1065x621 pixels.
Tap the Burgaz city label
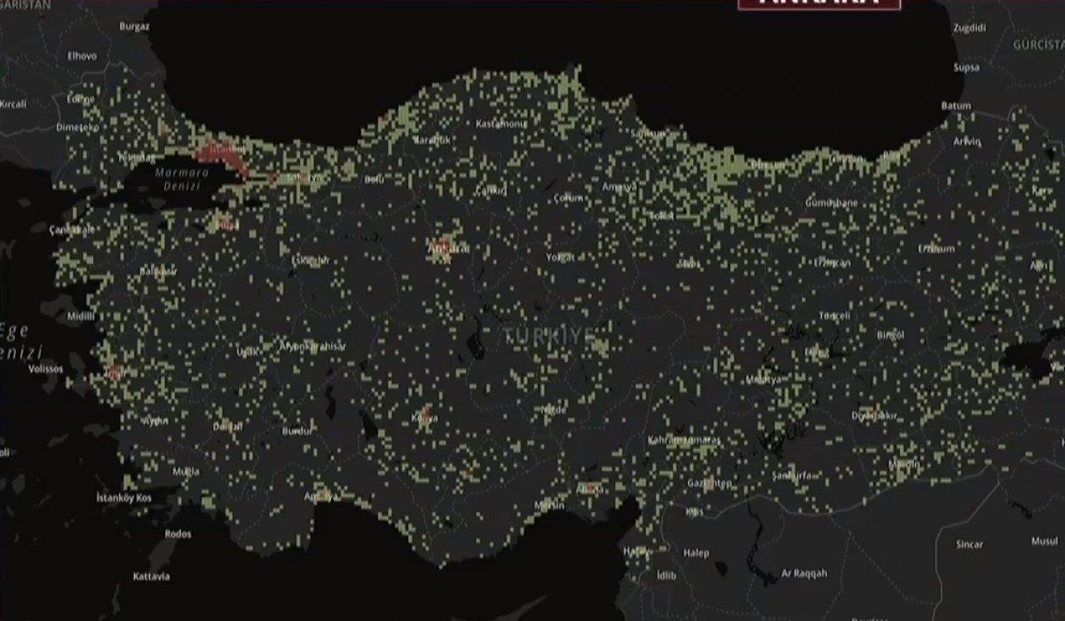[x=136, y=27]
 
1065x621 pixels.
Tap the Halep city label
[x=696, y=553]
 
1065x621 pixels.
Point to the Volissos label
[x=46, y=368]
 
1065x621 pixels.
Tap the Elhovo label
[x=82, y=55]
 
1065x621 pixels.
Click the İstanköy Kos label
[x=124, y=499]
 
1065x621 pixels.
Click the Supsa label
[x=966, y=67]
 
